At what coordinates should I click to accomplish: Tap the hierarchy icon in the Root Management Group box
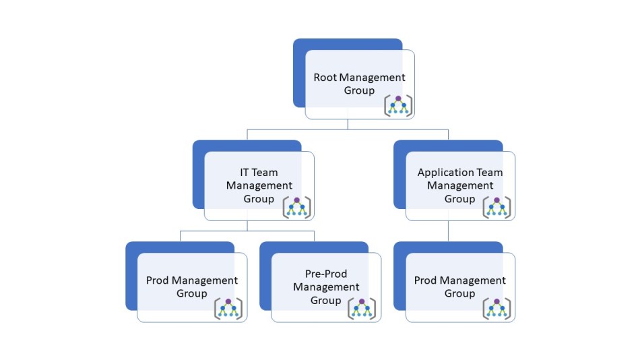pos(398,106)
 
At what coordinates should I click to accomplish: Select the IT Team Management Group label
pos(259,185)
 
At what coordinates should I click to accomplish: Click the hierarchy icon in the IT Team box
pos(297,207)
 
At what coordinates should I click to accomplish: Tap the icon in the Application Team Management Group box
pos(497,207)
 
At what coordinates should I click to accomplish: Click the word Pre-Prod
pos(326,273)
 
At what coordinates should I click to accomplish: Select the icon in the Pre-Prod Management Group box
pos(362,308)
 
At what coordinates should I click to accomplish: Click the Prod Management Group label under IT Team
pos(192,287)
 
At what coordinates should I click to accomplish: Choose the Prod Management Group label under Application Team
pos(460,287)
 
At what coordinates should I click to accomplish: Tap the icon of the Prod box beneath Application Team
pos(497,308)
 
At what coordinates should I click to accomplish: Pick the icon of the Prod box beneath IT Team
pos(228,308)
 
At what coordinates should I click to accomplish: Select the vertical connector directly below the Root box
pos(348,123)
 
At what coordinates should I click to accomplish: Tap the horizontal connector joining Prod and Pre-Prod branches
pos(247,231)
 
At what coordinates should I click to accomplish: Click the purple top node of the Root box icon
pos(398,99)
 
